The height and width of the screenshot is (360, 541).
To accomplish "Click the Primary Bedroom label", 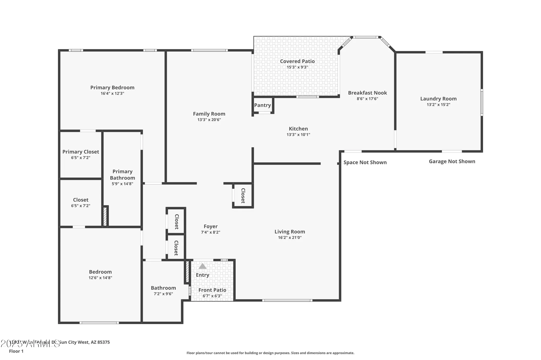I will [112, 88].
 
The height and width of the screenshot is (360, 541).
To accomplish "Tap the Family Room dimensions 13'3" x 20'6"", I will [209, 120].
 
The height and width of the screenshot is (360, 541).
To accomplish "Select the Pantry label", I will [262, 105].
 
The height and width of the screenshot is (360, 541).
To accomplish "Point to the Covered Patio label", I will [297, 61].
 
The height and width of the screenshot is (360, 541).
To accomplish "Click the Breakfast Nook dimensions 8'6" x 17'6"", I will [367, 99].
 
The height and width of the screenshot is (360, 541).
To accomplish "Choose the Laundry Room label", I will [438, 99].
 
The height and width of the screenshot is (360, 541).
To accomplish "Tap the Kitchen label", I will [298, 129].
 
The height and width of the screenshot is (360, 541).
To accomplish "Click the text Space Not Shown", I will [365, 162].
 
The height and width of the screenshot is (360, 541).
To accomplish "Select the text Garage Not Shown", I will [452, 162].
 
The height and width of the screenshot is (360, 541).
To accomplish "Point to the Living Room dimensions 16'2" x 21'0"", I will [290, 238].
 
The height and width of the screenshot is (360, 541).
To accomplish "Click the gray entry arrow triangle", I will [202, 267].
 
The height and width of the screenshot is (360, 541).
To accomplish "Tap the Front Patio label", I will [212, 290].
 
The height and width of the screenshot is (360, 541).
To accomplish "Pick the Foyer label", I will [210, 227].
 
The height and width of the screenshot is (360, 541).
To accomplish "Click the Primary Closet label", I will [81, 152].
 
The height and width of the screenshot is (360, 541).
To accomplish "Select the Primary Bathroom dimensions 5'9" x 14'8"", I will [122, 184].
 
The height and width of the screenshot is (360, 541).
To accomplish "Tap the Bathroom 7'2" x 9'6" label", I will [163, 288].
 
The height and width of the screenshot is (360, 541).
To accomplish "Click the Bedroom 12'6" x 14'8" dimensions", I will [100, 278].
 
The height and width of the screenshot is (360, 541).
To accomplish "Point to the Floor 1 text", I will [16, 351].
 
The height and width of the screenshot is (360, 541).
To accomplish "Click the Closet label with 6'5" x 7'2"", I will [81, 200].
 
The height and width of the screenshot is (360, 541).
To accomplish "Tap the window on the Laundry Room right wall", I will [481, 103].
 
